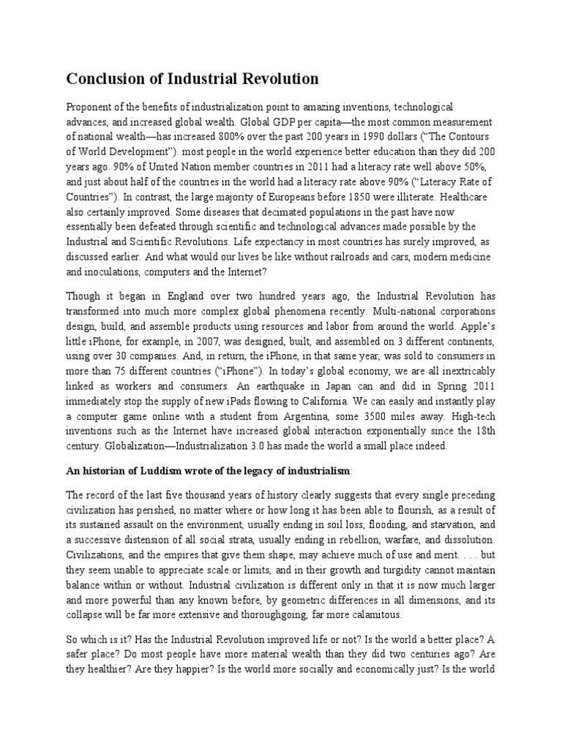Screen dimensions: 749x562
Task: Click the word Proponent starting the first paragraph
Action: tap(93, 108)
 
